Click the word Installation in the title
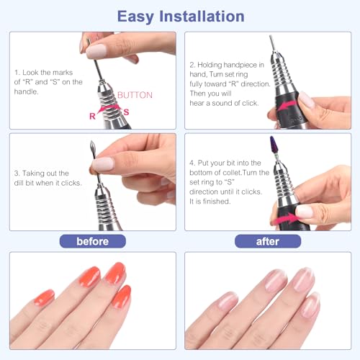[x=202, y=17]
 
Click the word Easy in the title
[x=135, y=17]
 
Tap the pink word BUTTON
[x=135, y=95]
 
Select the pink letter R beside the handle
[x=92, y=116]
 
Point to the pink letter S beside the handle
[x=127, y=112]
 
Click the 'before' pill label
[x=93, y=241]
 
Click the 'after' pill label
[x=268, y=241]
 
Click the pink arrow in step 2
[x=287, y=106]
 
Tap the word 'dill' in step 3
[x=19, y=183]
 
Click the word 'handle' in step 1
[x=26, y=91]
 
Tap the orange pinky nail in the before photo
[x=44, y=297]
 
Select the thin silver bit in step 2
[x=273, y=45]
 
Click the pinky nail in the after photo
[x=228, y=301]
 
